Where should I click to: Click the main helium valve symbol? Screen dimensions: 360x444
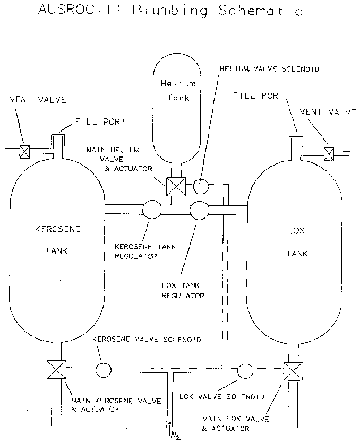point(176,187)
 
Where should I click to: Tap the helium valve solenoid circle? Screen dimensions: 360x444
point(201,187)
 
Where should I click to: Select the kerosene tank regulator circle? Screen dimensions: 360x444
point(151,210)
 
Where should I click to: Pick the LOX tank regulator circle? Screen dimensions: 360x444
point(199,211)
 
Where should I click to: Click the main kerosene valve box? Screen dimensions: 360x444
point(56,370)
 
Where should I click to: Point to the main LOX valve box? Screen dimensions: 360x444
point(294,371)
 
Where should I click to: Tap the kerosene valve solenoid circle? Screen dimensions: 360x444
point(104,370)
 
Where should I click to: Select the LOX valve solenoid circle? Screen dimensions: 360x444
point(245,371)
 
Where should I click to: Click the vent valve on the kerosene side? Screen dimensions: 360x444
point(24,151)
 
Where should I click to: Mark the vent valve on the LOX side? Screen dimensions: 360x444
point(329,154)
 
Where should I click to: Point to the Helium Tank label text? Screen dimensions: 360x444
point(178,91)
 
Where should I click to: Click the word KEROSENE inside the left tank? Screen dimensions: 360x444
point(57,229)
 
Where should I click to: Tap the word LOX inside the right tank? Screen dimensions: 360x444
point(296,231)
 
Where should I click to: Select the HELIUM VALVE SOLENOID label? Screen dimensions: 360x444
point(269,69)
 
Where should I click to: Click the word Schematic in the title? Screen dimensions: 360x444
point(260,11)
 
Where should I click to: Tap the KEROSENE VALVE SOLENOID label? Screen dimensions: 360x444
point(147,339)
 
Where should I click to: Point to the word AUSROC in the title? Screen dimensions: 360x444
point(66,10)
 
